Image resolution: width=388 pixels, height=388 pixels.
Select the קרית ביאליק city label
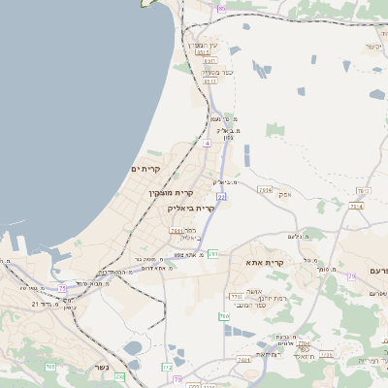(191, 208)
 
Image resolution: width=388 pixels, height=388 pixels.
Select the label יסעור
(373, 47)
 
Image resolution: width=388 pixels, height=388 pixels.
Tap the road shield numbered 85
(221, 8)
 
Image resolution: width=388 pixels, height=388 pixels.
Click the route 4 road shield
(207, 143)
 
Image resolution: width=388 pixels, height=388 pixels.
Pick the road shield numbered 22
(221, 197)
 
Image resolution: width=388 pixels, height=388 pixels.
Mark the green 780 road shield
(224, 317)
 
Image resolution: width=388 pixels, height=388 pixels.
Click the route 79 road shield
(351, 276)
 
